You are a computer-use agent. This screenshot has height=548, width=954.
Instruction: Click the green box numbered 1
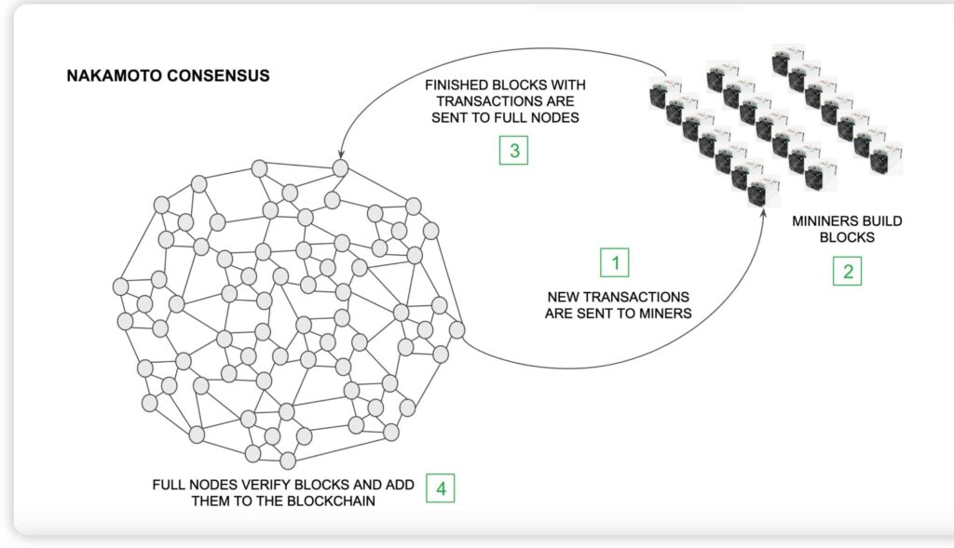[615, 262]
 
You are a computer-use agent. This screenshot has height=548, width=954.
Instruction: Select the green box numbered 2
[847, 271]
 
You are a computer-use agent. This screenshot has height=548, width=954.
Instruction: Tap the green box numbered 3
[513, 151]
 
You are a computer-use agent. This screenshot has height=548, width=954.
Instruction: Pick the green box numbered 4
[442, 488]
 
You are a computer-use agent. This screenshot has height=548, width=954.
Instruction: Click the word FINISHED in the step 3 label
[457, 85]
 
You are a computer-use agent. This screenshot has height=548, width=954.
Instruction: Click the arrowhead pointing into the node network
[342, 153]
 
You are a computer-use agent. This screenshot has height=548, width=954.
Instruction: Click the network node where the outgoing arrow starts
[457, 329]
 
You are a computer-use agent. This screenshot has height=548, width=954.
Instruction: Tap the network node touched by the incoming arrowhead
[341, 167]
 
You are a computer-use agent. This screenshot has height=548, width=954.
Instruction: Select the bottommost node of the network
[288, 460]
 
